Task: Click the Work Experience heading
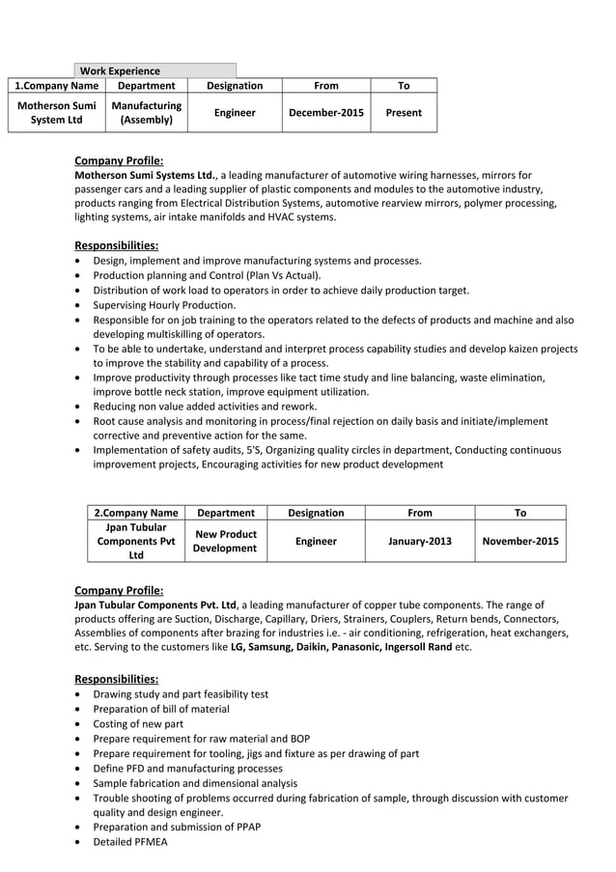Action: [120, 70]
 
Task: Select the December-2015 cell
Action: [326, 113]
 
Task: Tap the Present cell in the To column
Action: [403, 113]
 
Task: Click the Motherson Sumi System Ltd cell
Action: [56, 113]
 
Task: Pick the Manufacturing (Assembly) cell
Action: [147, 113]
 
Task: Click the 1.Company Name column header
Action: [56, 86]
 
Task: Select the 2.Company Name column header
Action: [135, 513]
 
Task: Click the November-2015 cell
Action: [520, 542]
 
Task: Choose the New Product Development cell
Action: [225, 542]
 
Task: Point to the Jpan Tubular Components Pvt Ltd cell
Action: [135, 542]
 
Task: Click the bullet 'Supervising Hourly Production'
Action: [164, 305]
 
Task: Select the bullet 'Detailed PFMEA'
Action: [129, 842]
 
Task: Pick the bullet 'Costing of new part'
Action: [138, 723]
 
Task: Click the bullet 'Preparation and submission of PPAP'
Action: [177, 827]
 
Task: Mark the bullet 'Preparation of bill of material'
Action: [161, 709]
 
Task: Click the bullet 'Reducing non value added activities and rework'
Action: [205, 407]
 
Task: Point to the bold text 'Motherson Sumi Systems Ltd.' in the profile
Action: [145, 176]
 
